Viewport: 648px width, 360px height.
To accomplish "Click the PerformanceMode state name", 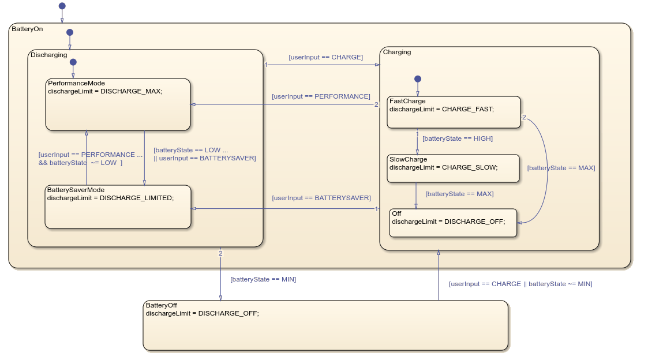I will [x=76, y=83].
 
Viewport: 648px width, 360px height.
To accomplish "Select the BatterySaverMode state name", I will [x=76, y=190].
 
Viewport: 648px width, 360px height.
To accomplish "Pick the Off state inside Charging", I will [x=453, y=223].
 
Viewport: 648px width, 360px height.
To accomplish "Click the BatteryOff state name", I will [x=161, y=305].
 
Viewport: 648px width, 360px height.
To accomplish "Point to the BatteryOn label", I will [x=27, y=28].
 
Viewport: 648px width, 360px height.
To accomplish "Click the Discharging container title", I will [x=48, y=55].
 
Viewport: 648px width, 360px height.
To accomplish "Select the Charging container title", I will [x=397, y=52].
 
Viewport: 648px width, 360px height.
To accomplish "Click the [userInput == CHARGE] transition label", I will [x=325, y=57].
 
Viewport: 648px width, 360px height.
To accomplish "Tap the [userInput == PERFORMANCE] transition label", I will [x=321, y=96].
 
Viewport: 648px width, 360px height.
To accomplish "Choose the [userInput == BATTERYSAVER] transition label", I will [x=321, y=198].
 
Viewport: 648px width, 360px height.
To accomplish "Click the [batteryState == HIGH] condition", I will [x=458, y=138].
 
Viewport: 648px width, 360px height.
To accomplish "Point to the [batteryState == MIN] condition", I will [x=263, y=279].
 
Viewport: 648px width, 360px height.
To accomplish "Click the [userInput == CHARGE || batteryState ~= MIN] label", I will [x=520, y=284].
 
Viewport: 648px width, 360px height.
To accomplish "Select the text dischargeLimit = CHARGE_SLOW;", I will [x=443, y=167].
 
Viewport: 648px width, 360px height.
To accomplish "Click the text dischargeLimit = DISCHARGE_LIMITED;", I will [x=110, y=198].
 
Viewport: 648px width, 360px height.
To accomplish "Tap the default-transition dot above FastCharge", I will [x=418, y=79].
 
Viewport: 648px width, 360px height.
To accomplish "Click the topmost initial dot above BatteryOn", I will [x=62, y=6].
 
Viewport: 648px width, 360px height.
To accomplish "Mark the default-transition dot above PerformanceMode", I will [x=73, y=62].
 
